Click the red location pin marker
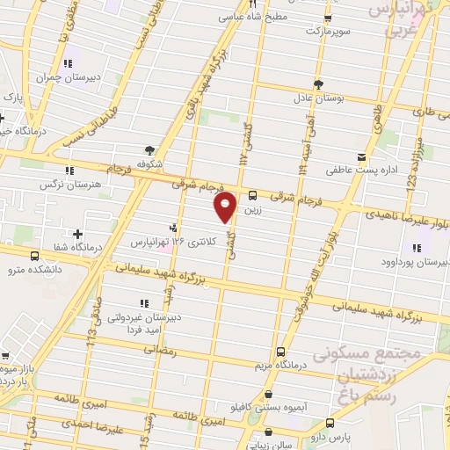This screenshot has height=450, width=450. tap(226, 207)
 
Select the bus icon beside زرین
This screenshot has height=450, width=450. tap(253, 196)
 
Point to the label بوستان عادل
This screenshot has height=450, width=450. tap(340, 99)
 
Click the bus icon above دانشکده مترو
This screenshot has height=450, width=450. tap(33, 256)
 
